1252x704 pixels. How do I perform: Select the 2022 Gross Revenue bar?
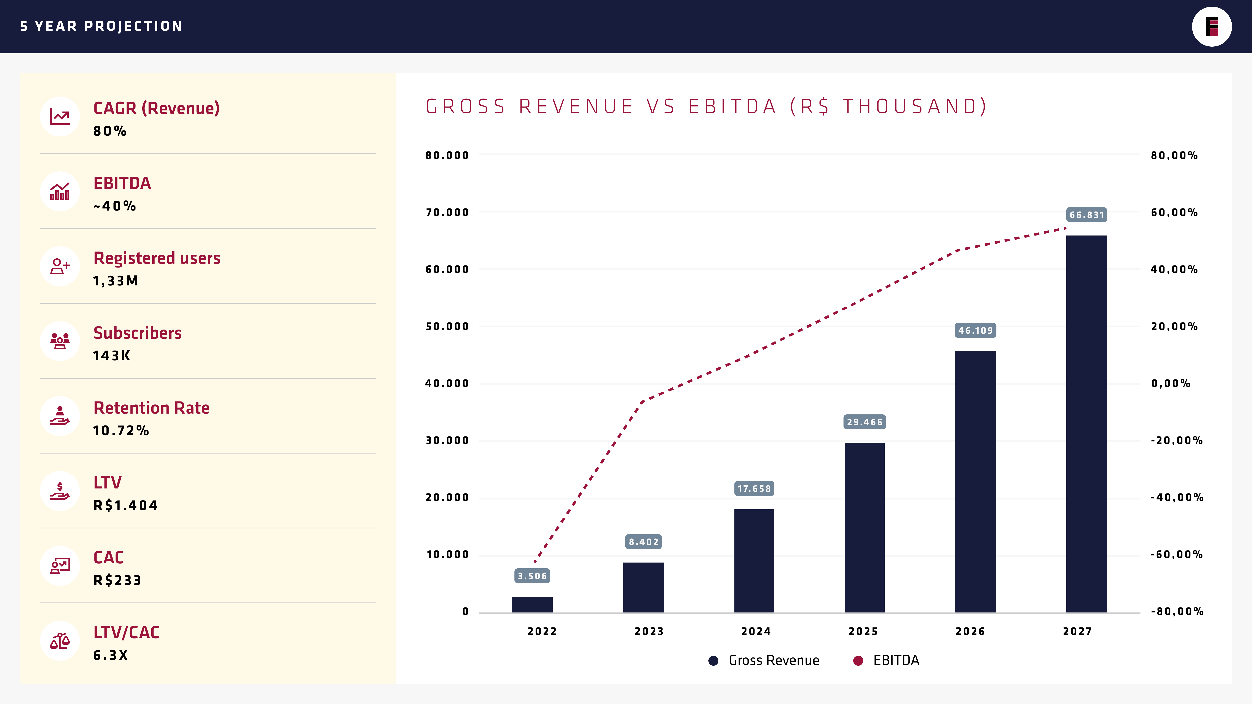click(532, 604)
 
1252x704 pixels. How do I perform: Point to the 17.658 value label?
click(754, 488)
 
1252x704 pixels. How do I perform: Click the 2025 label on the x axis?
click(863, 631)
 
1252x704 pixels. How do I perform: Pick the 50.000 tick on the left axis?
click(447, 326)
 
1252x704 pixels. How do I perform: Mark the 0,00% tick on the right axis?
click(1170, 383)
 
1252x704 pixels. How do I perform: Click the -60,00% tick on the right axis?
click(1176, 554)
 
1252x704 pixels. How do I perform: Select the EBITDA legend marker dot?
click(858, 660)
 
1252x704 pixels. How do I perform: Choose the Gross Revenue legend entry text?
click(774, 660)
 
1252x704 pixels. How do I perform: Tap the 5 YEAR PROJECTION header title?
click(101, 26)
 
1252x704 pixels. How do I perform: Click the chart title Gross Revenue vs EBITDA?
click(706, 106)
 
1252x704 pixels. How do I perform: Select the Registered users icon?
click(60, 266)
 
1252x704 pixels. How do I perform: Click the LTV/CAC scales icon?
click(60, 641)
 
